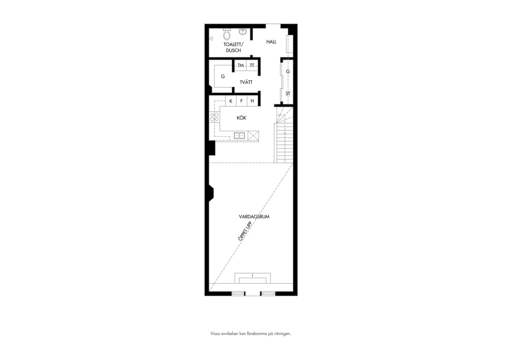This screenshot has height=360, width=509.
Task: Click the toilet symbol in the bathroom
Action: point(227,34)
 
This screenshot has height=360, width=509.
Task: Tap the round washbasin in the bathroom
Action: point(243,31)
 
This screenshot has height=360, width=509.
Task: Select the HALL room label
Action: point(271,42)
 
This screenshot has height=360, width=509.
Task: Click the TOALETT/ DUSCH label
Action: point(234,47)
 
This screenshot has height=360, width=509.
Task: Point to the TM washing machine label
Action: point(241,65)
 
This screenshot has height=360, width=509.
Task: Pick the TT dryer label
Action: point(252,65)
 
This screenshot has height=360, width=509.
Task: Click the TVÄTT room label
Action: point(246,82)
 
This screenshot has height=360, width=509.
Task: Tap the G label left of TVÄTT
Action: point(223,76)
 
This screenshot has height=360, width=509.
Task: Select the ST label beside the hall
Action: point(288,93)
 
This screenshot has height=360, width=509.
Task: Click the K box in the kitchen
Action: point(231,101)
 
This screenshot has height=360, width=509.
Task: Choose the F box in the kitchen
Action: point(242,101)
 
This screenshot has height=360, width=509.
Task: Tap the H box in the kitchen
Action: point(253,101)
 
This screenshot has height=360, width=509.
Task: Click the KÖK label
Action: point(241,118)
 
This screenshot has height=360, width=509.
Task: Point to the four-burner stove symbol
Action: point(214,117)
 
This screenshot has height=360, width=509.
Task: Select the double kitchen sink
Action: point(239,136)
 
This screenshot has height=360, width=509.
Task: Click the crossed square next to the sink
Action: point(253,136)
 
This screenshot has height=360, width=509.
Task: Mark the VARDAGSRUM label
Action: point(254,217)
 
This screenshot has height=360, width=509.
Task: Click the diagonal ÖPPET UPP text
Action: point(245,231)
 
